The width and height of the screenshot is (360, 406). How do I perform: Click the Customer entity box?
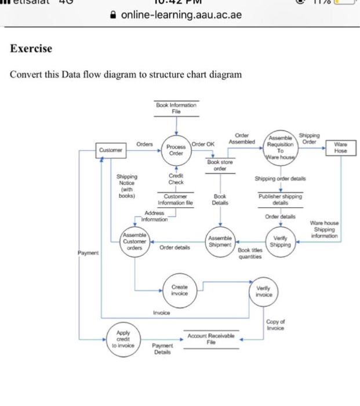pyautogui.click(x=110, y=150)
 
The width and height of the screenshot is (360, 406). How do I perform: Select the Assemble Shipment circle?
pyautogui.click(x=220, y=242)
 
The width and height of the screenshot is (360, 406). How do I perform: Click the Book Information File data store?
pyautogui.click(x=176, y=108)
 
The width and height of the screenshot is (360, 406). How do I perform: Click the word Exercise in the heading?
pyautogui.click(x=31, y=49)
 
